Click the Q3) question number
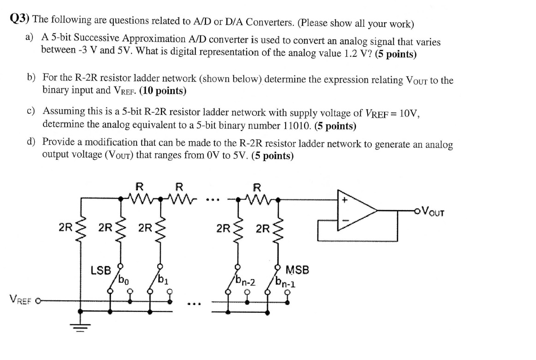tap(20, 19)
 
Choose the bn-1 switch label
tap(284, 281)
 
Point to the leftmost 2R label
tap(66, 228)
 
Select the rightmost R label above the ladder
tap(257, 188)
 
